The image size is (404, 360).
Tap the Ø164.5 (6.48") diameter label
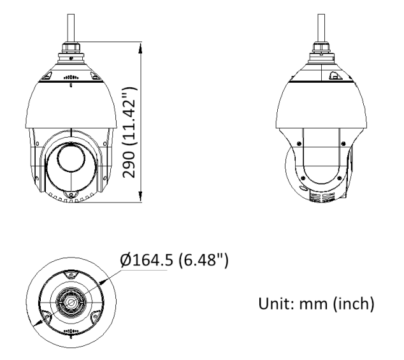coord(174,259)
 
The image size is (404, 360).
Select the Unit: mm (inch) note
coord(316,303)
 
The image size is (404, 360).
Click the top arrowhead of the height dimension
coord(140,48)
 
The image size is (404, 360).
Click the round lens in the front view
coord(71,157)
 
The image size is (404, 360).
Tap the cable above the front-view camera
coord(71,28)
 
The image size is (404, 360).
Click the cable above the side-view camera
coord(321,28)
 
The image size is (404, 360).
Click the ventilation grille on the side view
coord(322,197)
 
